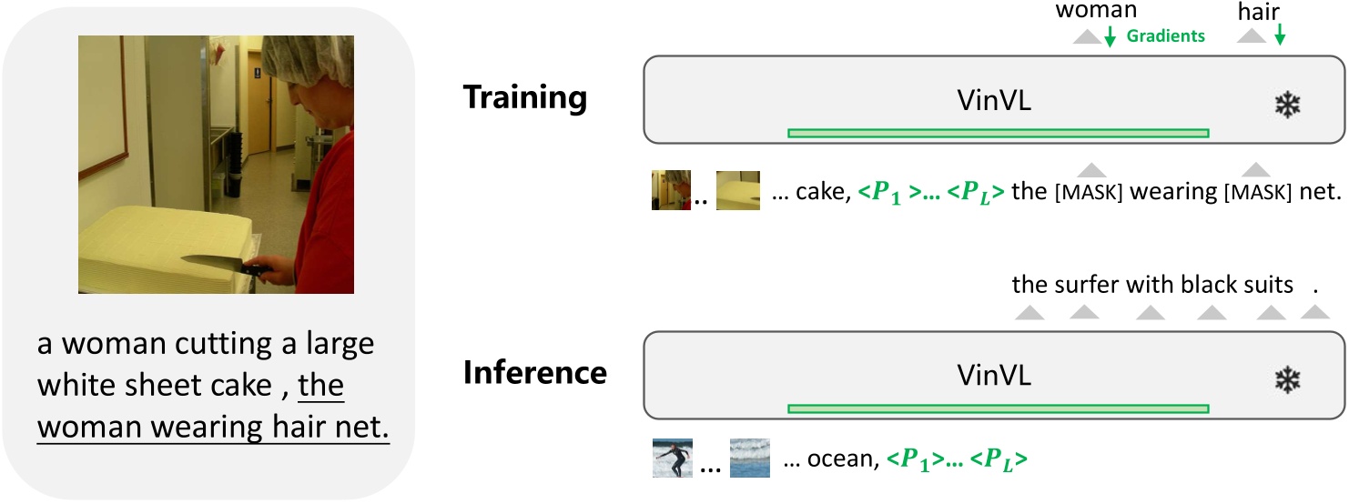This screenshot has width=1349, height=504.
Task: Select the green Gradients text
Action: [1165, 36]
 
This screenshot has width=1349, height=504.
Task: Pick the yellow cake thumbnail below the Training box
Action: [736, 191]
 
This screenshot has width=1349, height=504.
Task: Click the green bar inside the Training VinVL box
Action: [998, 134]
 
